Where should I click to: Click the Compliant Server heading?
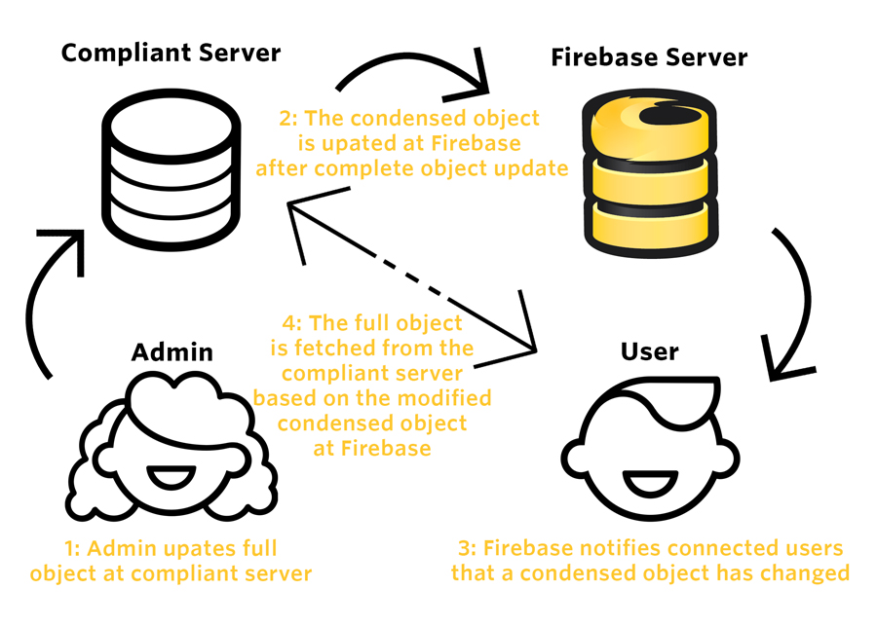(171, 53)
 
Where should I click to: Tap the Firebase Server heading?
(649, 56)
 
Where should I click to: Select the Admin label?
(172, 350)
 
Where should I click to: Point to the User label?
(649, 350)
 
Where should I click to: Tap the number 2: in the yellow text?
(289, 120)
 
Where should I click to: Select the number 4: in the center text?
(289, 322)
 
